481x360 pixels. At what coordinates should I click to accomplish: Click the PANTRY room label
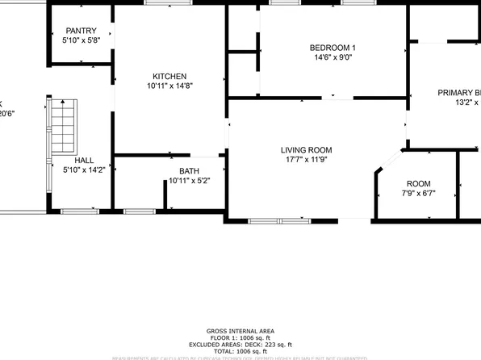(x=82, y=30)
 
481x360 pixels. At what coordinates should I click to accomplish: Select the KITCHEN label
(x=169, y=76)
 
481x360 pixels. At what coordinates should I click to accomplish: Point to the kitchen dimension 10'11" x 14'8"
(x=169, y=86)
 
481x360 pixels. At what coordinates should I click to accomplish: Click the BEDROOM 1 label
(x=333, y=48)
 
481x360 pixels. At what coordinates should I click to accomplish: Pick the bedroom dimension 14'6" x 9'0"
(x=333, y=57)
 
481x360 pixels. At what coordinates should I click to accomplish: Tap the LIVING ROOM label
(x=306, y=150)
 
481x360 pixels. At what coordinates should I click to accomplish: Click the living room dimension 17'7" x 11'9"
(x=306, y=160)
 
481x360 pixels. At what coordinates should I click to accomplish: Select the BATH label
(x=189, y=171)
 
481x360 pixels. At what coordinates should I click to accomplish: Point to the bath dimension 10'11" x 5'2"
(x=189, y=181)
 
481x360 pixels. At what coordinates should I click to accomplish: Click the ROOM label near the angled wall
(x=418, y=184)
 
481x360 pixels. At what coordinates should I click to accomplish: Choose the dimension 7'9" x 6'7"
(x=418, y=194)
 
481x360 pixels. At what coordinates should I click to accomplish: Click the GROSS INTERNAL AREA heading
(x=240, y=332)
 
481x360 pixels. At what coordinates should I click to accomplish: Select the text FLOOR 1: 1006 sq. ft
(x=240, y=339)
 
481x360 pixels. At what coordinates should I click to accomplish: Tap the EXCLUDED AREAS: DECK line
(x=240, y=345)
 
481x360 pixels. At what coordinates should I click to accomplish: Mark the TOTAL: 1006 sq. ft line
(x=240, y=353)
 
